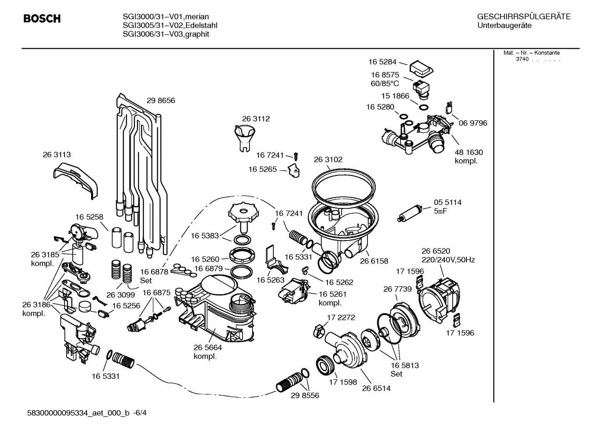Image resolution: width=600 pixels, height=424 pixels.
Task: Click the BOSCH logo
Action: tap(42, 19)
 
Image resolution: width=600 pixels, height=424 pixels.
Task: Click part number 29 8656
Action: tap(161, 100)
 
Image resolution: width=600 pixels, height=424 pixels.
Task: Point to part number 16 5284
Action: tap(382, 62)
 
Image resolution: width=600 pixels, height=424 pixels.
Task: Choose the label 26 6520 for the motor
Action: tap(436, 251)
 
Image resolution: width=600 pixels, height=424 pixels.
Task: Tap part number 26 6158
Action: tap(374, 261)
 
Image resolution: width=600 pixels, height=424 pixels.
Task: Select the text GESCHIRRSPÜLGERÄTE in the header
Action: tap(523, 17)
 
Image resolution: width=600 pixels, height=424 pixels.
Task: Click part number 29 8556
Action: tap(305, 395)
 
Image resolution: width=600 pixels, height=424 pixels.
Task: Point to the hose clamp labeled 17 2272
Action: tap(318, 331)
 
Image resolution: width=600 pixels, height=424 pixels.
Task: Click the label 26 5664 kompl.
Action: tap(208, 352)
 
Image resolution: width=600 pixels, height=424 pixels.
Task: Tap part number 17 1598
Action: tap(343, 382)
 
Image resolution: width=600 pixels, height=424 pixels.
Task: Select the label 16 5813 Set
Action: tap(404, 369)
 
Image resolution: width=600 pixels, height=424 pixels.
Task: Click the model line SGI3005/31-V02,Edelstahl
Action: tap(170, 25)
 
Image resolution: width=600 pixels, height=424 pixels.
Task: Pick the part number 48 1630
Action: tap(469, 152)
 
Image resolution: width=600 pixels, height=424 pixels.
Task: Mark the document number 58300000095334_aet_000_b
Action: tap(78, 413)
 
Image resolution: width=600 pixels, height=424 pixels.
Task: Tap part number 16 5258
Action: tap(89, 217)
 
